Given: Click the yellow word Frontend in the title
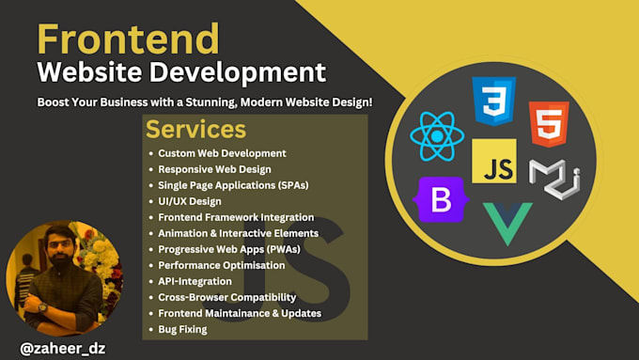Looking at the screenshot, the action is click(129, 39).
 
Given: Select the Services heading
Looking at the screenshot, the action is click(196, 129).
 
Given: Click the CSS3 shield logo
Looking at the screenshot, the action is click(494, 101).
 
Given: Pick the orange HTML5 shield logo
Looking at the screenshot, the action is click(549, 124).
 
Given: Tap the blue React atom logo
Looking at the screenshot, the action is click(437, 136).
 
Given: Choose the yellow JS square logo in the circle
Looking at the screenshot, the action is click(494, 161).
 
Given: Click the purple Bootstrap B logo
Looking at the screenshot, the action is click(441, 199).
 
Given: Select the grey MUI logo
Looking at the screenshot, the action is click(554, 179).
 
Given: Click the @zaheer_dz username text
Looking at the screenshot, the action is click(63, 349).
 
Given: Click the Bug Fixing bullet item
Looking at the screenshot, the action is click(182, 329).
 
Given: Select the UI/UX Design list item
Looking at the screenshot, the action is click(190, 201).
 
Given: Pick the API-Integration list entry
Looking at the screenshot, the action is click(195, 281).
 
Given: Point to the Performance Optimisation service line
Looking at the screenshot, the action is click(222, 265).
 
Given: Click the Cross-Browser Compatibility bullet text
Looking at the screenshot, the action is click(227, 297).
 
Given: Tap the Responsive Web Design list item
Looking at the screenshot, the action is click(214, 169).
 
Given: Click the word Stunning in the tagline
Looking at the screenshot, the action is click(211, 102).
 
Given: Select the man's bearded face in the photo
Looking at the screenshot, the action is click(60, 246).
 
